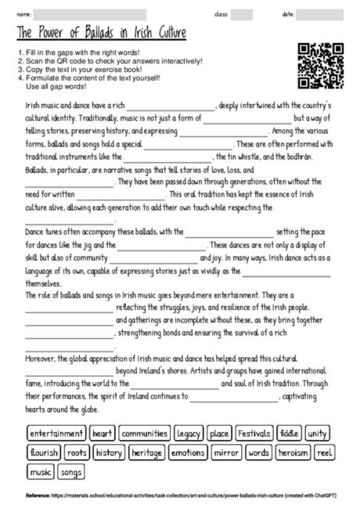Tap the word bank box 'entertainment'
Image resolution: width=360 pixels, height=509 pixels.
click(x=56, y=433)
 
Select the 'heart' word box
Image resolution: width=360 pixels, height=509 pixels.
click(x=103, y=433)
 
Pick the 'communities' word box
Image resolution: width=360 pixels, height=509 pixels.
click(x=145, y=433)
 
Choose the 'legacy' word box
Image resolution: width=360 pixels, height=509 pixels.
click(x=189, y=433)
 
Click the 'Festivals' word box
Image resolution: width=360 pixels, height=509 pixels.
click(x=254, y=433)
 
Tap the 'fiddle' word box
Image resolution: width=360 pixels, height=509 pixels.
click(x=289, y=433)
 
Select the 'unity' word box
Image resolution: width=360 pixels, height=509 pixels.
click(x=318, y=433)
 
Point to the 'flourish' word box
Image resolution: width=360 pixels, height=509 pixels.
click(x=43, y=453)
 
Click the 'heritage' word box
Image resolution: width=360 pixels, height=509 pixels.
click(x=146, y=453)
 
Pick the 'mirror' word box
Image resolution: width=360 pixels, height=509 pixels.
click(x=226, y=453)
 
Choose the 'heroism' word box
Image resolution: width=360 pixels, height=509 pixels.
click(x=293, y=453)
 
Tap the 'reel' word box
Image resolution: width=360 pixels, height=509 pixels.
click(x=324, y=453)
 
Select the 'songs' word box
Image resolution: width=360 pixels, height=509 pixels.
click(x=70, y=472)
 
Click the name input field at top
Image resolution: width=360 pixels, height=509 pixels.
click(x=90, y=13)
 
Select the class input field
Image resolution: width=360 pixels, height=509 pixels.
click(x=242, y=13)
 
